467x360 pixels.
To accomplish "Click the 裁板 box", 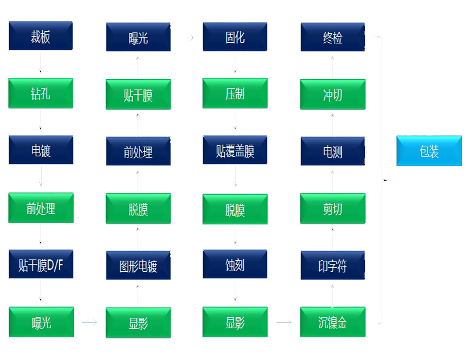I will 40,36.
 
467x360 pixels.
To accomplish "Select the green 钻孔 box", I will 40,94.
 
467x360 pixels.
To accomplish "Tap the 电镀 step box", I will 40,151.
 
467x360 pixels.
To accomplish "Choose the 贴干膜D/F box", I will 40,265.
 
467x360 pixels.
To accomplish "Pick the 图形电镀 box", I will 138,265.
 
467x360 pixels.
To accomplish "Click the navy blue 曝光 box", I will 138,38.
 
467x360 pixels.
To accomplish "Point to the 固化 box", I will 235,37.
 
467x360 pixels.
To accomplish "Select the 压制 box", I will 235,94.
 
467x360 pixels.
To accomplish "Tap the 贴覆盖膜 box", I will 235,151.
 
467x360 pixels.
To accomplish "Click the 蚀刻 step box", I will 235,265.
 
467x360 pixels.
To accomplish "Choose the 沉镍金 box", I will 332,322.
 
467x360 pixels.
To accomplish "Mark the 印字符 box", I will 332,265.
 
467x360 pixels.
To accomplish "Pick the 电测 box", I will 332,152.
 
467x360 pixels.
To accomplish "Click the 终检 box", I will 332,38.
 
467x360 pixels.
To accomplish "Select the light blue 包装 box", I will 429,151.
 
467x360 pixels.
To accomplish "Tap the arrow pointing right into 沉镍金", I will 283,322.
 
